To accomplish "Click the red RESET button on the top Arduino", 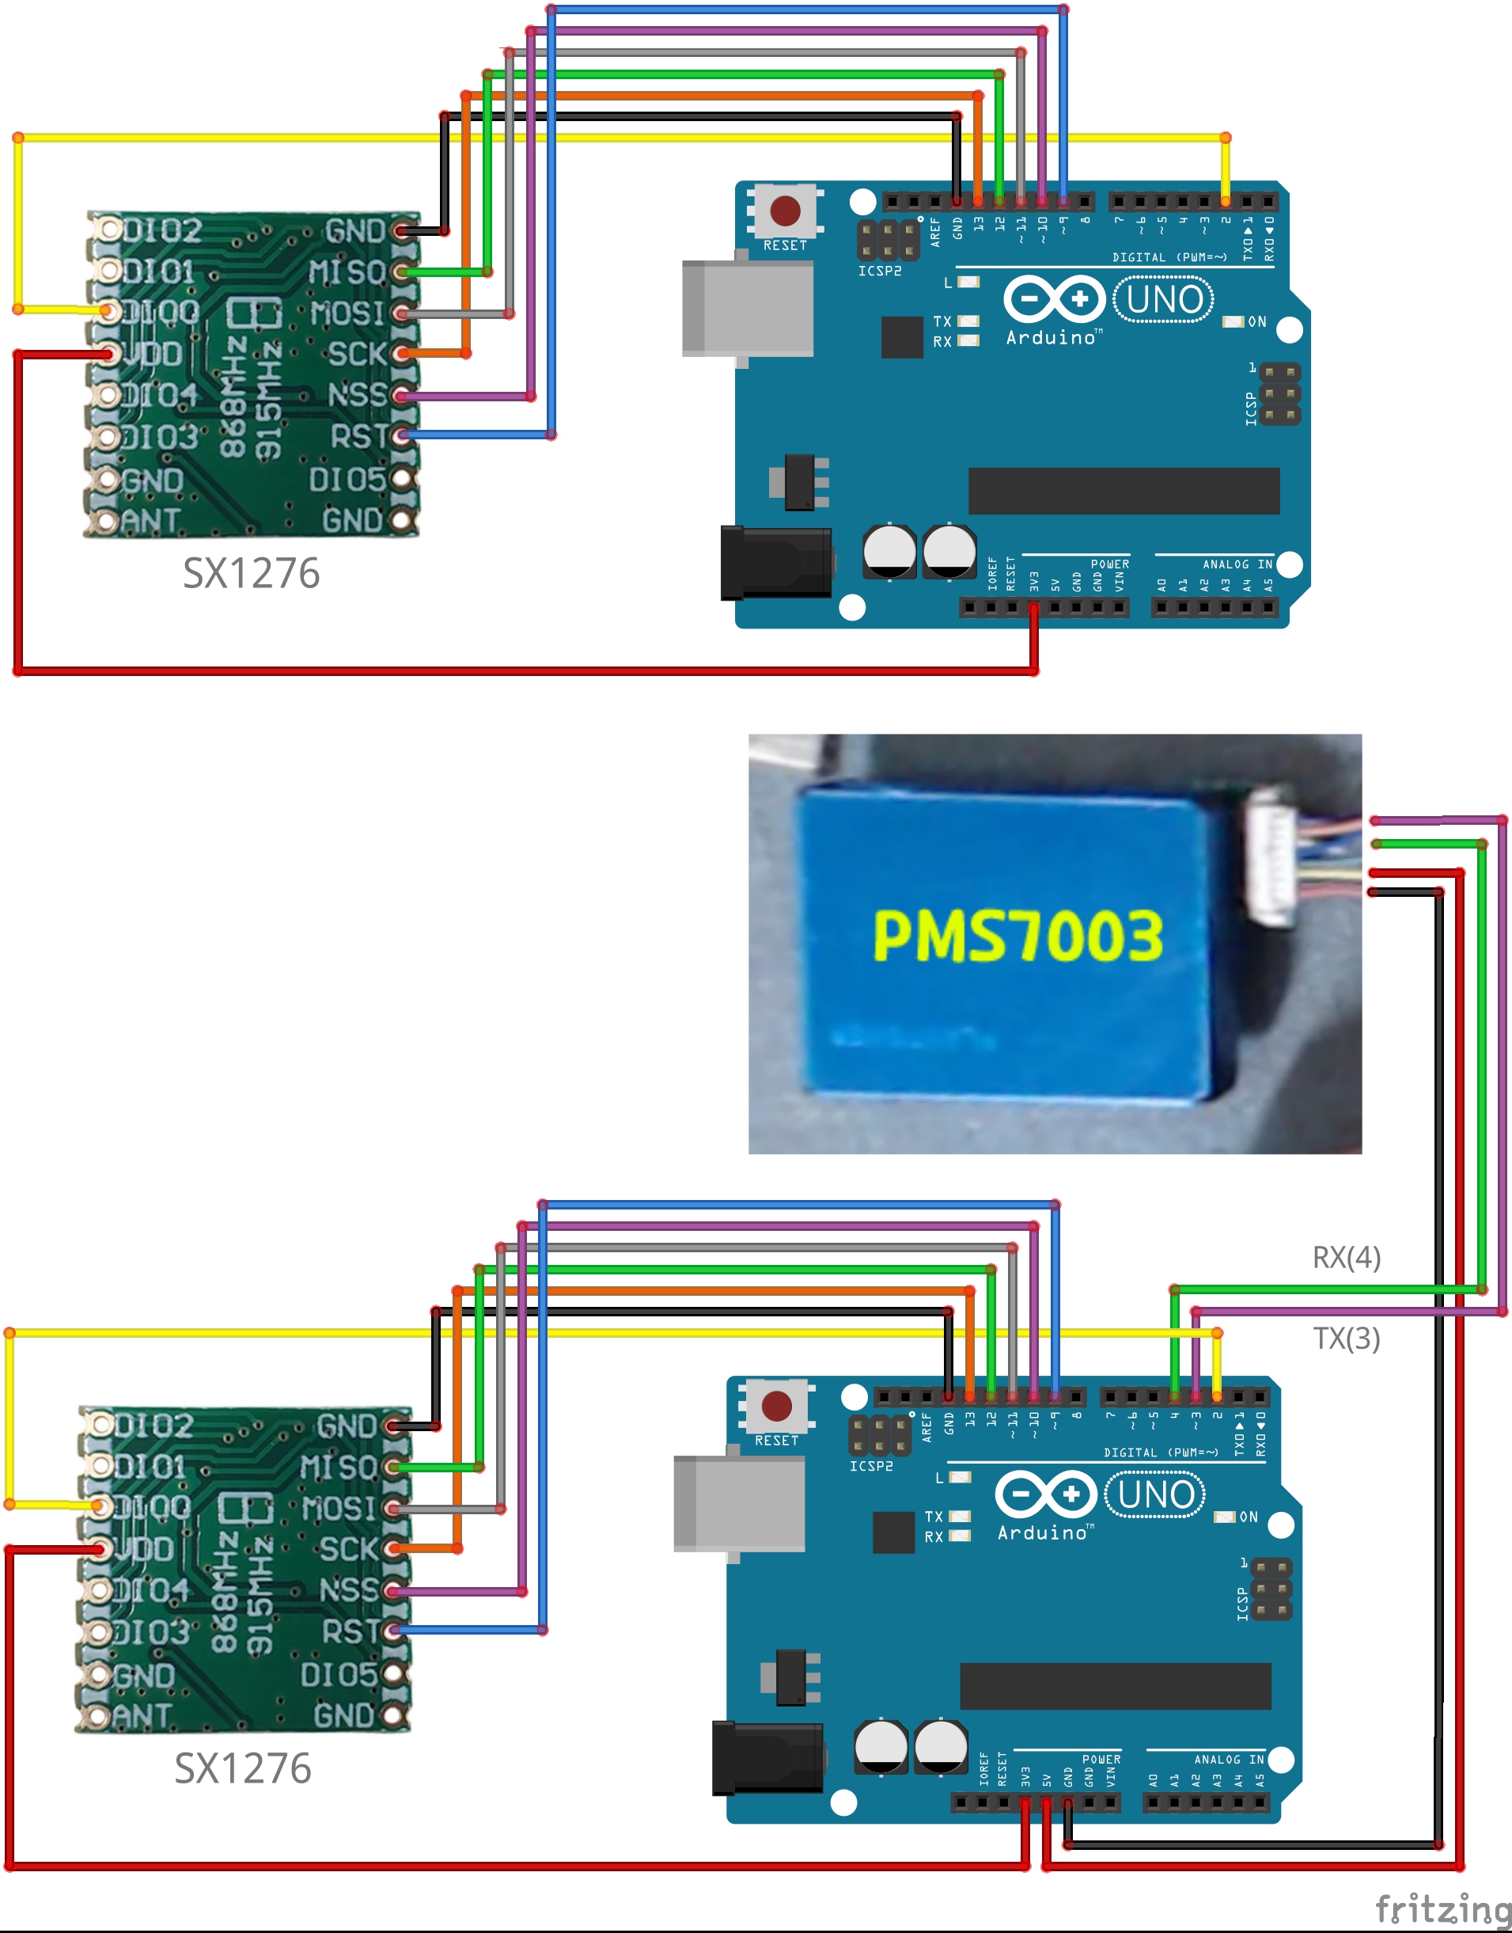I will [785, 211].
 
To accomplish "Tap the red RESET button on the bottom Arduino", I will [776, 1406].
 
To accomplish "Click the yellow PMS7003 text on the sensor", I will [1017, 936].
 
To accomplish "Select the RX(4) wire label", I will [1346, 1257].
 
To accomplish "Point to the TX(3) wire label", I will [1346, 1338].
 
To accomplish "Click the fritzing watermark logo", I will [1441, 1908].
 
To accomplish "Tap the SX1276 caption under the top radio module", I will [251, 574].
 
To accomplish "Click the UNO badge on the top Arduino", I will [1163, 300].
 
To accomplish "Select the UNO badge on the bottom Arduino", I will [1155, 1495].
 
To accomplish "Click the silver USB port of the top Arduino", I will [747, 308].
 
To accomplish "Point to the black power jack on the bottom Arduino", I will [767, 1758].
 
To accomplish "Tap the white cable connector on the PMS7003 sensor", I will [1271, 857].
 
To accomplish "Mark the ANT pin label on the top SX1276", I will [150, 521].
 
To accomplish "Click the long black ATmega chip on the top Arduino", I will [1124, 491].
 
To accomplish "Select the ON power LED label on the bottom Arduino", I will [1249, 1517].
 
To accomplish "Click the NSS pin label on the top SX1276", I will [357, 395].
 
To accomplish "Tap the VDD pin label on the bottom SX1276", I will [142, 1550].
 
